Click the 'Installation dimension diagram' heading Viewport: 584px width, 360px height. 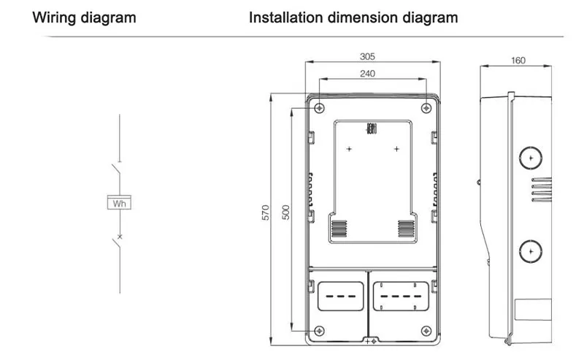(x=353, y=17)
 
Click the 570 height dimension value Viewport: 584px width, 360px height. (x=266, y=212)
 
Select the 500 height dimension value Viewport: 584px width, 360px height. (x=285, y=212)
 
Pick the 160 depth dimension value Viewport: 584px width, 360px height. (x=518, y=60)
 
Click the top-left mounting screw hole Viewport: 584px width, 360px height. (x=319, y=108)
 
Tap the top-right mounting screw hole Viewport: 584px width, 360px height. (x=426, y=108)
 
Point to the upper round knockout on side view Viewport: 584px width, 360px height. (x=531, y=156)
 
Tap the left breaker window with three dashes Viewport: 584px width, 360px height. (x=340, y=296)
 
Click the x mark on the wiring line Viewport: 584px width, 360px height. (x=120, y=237)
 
